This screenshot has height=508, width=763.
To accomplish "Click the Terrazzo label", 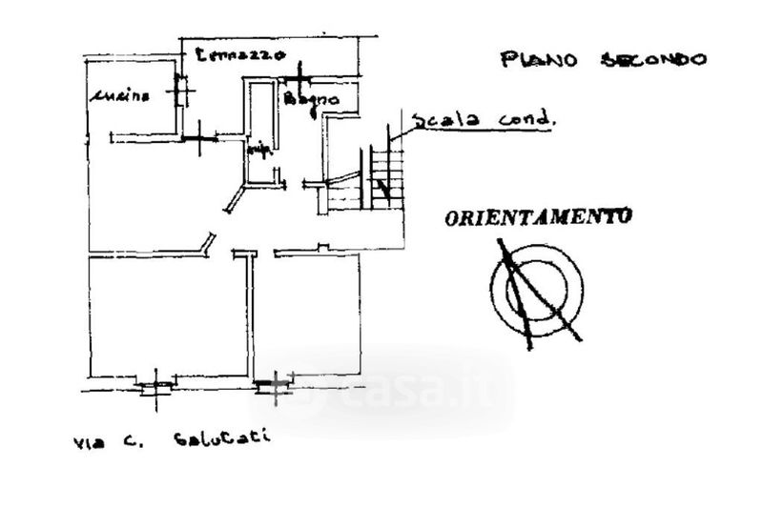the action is pyautogui.click(x=239, y=55).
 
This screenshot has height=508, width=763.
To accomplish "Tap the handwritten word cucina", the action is pyautogui.click(x=121, y=95).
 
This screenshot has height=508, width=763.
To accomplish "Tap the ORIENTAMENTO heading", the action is pyautogui.click(x=538, y=217).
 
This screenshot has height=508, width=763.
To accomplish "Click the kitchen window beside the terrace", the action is pyautogui.click(x=179, y=91).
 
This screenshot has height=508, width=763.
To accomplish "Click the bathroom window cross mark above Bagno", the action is pyautogui.click(x=299, y=76).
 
